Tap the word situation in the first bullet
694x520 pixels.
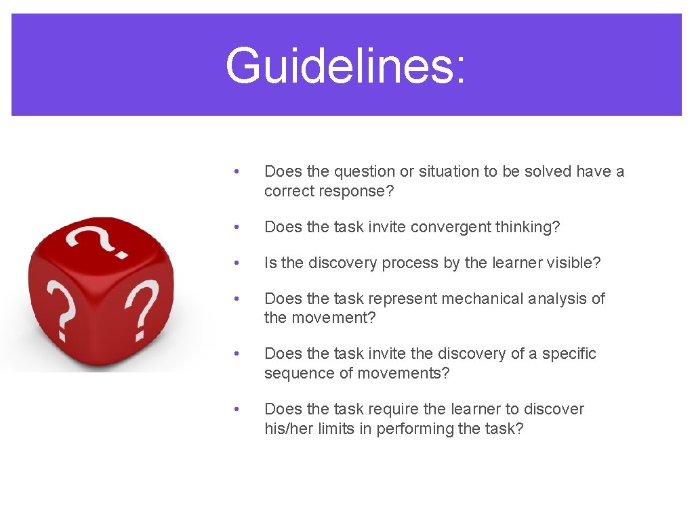pos(449,171)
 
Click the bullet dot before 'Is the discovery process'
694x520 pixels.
pos(235,263)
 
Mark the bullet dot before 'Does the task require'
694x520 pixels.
pos(235,409)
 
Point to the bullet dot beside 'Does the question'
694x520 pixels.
pos(235,171)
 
